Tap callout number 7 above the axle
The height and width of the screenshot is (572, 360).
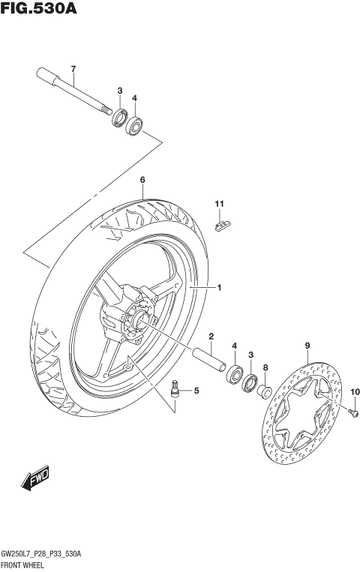(x=73, y=70)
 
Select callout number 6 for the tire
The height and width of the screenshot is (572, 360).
(x=142, y=180)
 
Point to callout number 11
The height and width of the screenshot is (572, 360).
(x=220, y=204)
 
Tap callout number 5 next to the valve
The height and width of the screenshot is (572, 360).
(x=196, y=391)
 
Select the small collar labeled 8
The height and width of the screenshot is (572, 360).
(x=265, y=391)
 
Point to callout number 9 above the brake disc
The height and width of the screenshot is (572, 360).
(x=307, y=346)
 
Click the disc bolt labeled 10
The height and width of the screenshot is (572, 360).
(x=353, y=411)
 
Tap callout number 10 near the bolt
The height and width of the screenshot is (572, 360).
(x=355, y=391)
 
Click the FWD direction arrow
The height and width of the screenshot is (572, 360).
(x=34, y=480)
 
